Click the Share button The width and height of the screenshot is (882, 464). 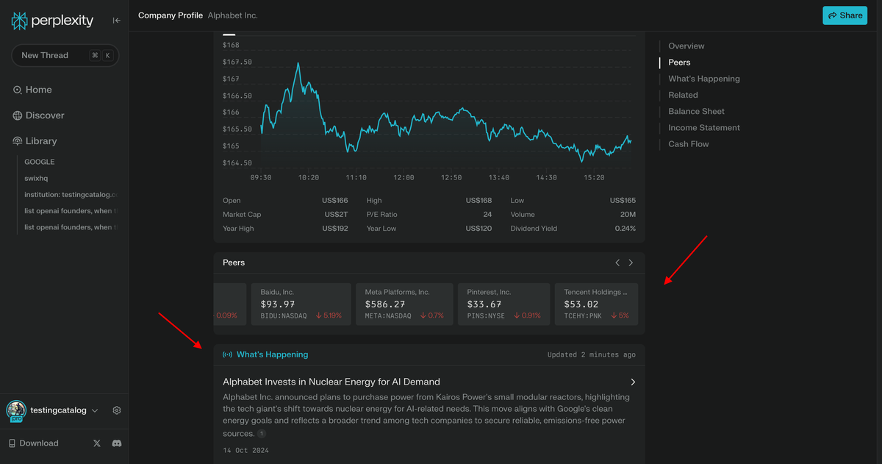pos(845,15)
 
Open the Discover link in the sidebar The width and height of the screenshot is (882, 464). pos(45,115)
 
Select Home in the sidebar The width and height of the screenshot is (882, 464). pos(38,90)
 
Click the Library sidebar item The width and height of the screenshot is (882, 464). pos(41,141)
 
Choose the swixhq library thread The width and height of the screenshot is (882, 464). pos(36,178)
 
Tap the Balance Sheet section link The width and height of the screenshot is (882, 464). pos(696,112)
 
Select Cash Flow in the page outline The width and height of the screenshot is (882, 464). pos(688,144)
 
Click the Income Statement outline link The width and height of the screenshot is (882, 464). pos(703,128)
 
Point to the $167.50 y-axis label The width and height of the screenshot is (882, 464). pos(237,63)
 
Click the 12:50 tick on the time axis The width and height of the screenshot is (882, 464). pos(451,178)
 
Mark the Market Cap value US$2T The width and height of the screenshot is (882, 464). pos(336,215)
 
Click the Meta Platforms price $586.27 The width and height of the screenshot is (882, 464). pos(385,304)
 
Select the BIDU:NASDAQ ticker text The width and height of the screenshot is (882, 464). pos(284,315)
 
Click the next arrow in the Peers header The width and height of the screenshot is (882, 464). pos(631,263)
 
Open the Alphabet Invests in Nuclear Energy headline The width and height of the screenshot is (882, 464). pos(331,382)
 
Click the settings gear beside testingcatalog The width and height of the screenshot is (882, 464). pos(117,411)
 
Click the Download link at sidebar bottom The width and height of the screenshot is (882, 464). pos(38,443)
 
